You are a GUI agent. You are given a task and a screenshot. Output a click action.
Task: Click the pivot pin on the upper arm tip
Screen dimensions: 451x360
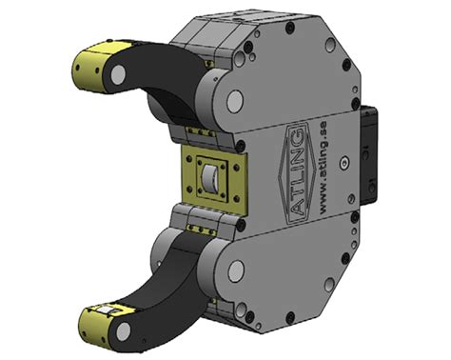point(118,73)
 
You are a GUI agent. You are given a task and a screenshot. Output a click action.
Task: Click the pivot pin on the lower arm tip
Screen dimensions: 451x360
point(124,331)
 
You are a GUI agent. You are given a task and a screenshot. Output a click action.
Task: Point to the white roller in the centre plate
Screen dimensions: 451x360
point(209,179)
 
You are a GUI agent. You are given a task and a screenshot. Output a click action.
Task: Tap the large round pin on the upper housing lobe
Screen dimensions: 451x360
point(235,101)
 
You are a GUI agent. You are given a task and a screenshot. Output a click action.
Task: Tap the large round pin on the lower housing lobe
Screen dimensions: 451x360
point(236,271)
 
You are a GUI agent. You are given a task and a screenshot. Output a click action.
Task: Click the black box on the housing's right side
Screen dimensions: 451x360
point(370,155)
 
